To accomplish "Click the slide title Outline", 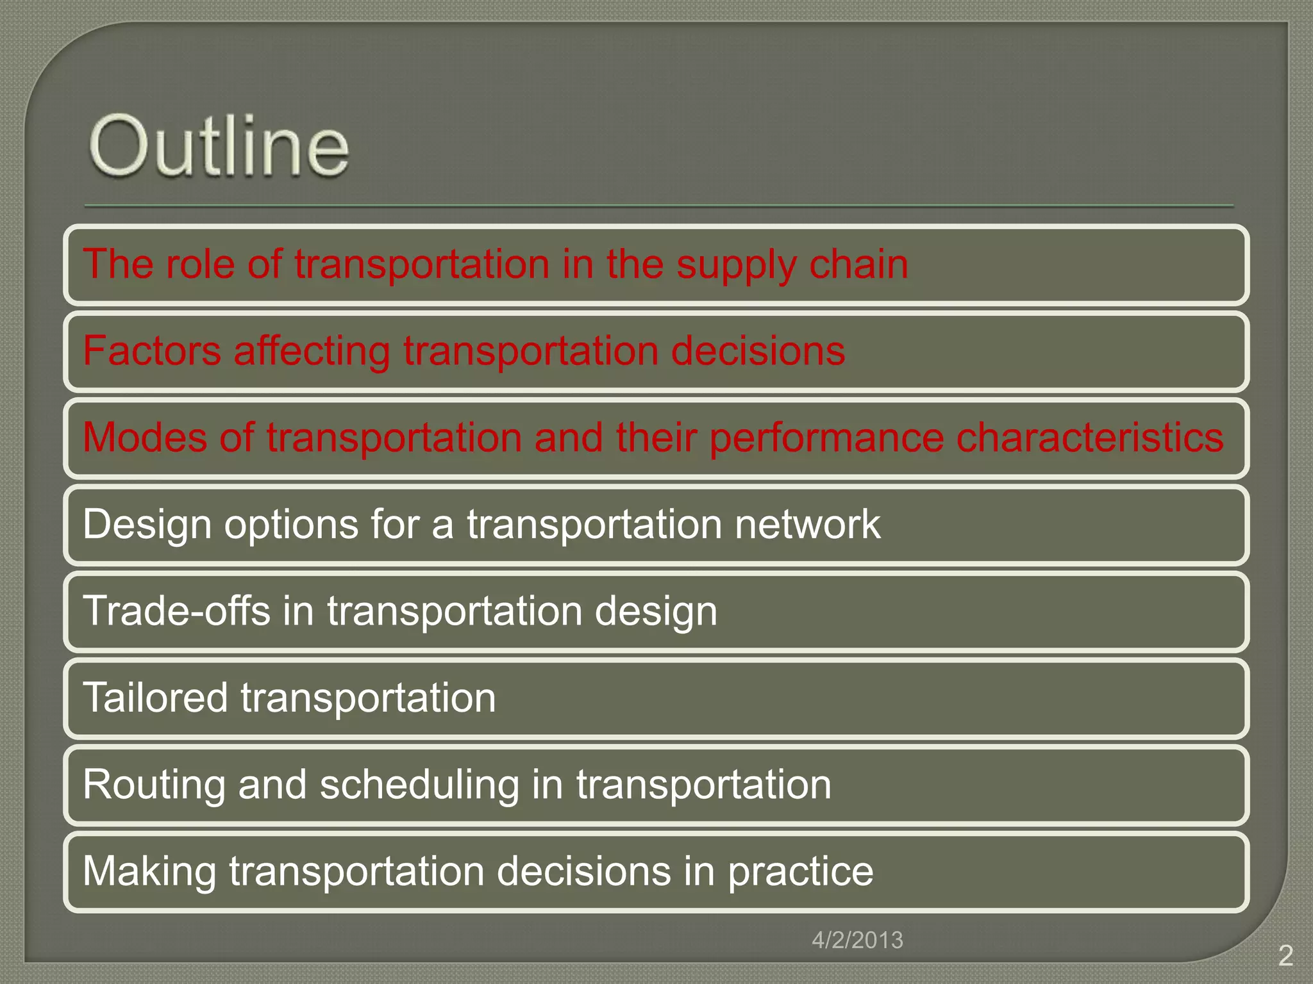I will pos(219,146).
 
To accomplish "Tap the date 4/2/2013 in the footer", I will pos(857,940).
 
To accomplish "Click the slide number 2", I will pos(1285,955).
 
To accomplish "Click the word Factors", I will pos(152,351).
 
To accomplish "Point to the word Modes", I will pos(145,438).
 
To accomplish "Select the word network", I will pos(807,524).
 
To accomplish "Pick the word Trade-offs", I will pos(176,611).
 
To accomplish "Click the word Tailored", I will pos(155,697).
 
